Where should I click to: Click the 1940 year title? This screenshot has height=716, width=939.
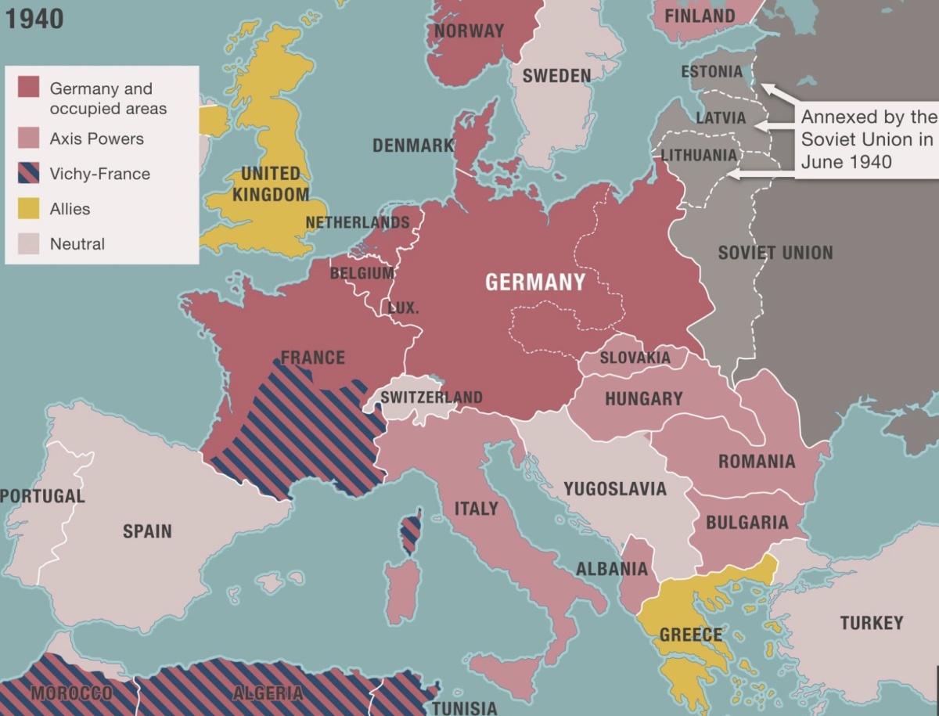[x=35, y=19]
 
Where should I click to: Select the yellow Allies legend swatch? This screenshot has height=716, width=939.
[x=29, y=208]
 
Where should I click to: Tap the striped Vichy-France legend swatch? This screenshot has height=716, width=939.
[x=29, y=173]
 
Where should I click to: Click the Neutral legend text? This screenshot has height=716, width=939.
[x=77, y=243]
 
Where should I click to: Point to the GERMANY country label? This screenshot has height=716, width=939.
[x=535, y=282]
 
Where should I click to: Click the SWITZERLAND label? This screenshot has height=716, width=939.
[x=431, y=398]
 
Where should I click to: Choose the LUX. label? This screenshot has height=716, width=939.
[x=404, y=308]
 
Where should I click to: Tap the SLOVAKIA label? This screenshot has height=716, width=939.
[x=635, y=358]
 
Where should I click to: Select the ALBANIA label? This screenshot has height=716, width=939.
[x=612, y=569]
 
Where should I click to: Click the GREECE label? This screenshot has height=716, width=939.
[x=691, y=634]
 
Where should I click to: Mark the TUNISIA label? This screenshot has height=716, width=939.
[x=464, y=708]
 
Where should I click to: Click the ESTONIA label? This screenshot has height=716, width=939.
[x=711, y=72]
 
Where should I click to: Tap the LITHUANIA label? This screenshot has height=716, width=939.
[x=699, y=154]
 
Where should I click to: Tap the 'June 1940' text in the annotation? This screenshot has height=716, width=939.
[x=846, y=161]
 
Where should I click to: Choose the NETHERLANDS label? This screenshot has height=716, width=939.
[x=357, y=222]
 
